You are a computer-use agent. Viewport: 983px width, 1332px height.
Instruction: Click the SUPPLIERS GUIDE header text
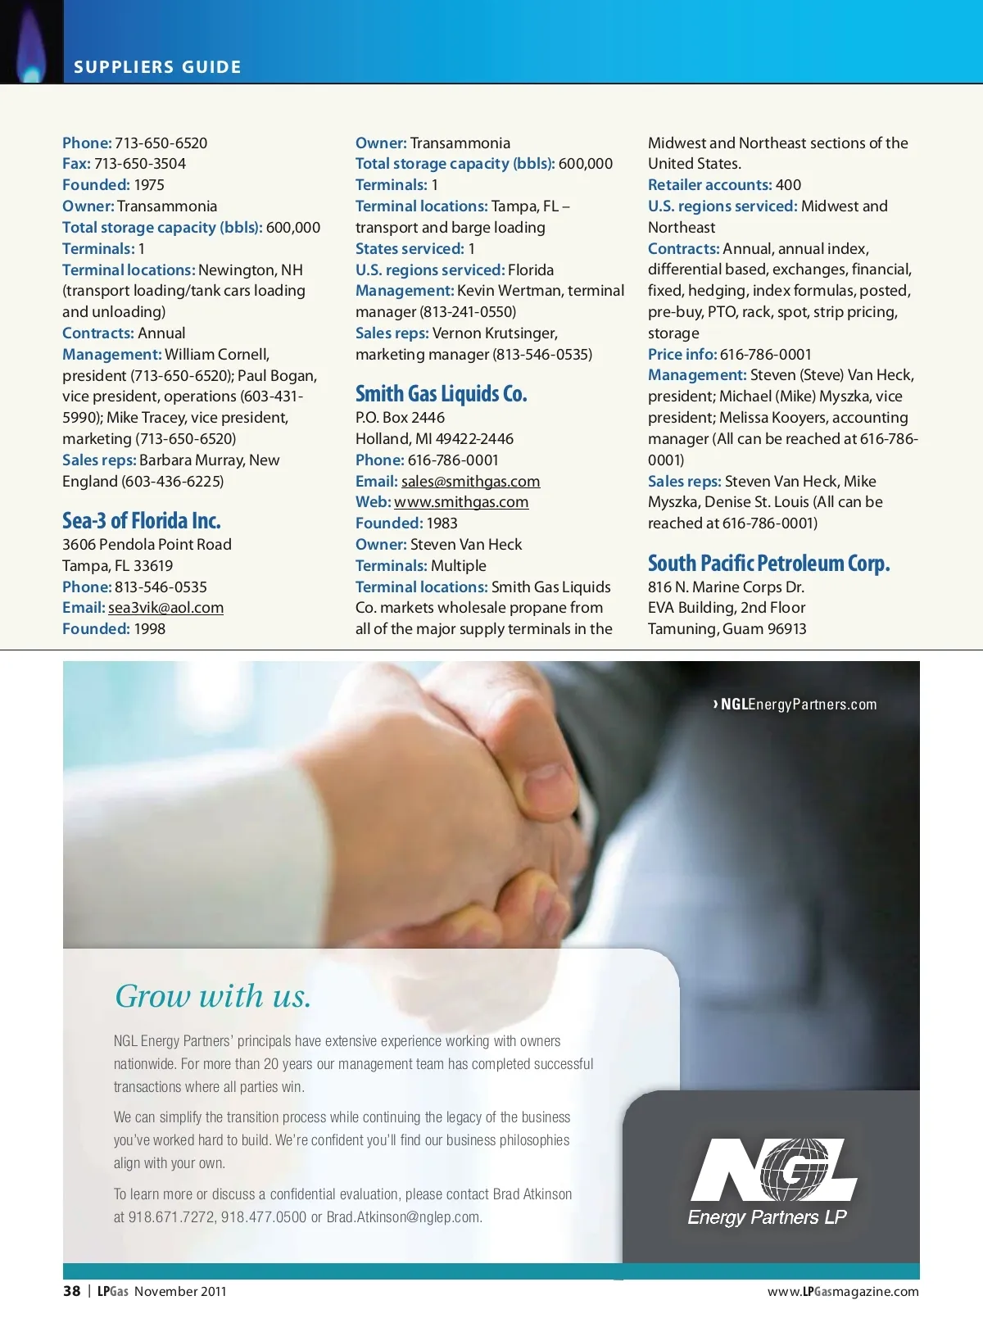coord(157,67)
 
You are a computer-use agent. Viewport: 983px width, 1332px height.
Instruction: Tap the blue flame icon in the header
coord(31,49)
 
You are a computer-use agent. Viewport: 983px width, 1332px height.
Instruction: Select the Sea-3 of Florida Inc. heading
coord(142,521)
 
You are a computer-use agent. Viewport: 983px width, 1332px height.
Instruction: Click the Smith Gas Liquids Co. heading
coord(441,394)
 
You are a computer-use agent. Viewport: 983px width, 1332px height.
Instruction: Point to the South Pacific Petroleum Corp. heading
coord(768,564)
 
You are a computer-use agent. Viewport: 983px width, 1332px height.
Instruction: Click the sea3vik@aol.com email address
coord(165,608)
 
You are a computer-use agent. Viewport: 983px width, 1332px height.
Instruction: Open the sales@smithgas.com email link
coord(470,482)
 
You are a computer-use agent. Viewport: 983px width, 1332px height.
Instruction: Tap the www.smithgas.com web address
coord(461,502)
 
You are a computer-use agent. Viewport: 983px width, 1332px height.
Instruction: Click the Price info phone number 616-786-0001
coord(765,355)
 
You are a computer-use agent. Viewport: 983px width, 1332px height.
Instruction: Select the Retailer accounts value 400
coord(788,185)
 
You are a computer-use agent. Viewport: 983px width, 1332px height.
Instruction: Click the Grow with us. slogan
coord(213,996)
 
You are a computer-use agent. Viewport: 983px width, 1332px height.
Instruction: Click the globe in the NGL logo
coord(792,1167)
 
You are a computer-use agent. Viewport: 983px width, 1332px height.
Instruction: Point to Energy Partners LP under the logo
coord(768,1217)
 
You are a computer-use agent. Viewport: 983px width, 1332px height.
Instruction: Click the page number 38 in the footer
coord(72,1291)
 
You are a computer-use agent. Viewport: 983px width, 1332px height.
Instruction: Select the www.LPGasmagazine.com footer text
coord(843,1292)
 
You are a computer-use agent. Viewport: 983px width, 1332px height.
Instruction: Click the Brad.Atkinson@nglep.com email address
coord(404,1217)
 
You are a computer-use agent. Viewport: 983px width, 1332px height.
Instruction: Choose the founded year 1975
coord(149,185)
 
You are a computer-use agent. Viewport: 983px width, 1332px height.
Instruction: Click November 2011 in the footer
coord(180,1292)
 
